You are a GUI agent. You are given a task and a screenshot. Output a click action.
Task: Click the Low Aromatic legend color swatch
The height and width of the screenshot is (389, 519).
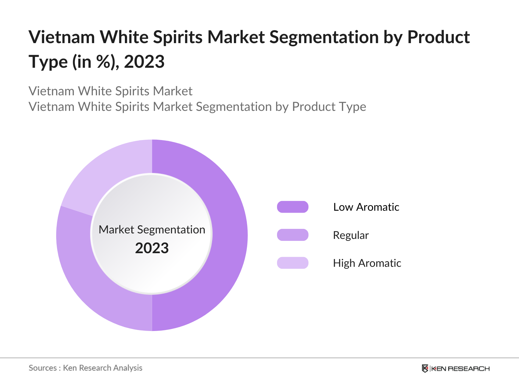pos(293,207)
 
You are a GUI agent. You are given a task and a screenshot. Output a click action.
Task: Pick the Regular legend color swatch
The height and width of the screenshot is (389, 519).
pos(293,235)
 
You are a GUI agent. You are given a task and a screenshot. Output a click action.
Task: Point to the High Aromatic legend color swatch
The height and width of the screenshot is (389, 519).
pos(293,263)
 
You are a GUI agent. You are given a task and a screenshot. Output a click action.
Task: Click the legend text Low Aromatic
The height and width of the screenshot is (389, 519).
pos(366,207)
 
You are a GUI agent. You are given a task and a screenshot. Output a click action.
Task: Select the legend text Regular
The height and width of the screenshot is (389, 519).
pos(351,235)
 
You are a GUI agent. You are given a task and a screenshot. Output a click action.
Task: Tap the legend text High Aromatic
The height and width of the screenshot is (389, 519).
pos(367,263)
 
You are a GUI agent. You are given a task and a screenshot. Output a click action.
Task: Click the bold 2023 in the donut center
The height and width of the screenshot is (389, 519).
pos(152,248)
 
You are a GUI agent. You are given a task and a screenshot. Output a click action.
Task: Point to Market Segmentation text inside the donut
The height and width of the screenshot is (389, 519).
pos(152,230)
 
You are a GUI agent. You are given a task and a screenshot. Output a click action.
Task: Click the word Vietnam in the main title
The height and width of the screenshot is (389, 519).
pos(62,37)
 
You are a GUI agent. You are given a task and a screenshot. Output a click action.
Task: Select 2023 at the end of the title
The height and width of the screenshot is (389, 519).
pos(144,62)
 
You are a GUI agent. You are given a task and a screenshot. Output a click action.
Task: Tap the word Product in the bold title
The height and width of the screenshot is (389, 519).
pos(439,37)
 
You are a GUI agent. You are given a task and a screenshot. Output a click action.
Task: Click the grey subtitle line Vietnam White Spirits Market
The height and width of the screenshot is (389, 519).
pos(111,91)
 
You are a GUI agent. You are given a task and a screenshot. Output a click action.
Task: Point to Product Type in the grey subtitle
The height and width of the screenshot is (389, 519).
pos(329,107)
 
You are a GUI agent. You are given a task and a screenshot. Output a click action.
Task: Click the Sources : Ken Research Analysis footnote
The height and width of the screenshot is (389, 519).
pos(86,368)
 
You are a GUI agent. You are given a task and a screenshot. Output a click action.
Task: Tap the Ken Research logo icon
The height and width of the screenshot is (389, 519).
pos(425,369)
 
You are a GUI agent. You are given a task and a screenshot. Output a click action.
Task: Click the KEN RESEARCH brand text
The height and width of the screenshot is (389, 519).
pos(460,369)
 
